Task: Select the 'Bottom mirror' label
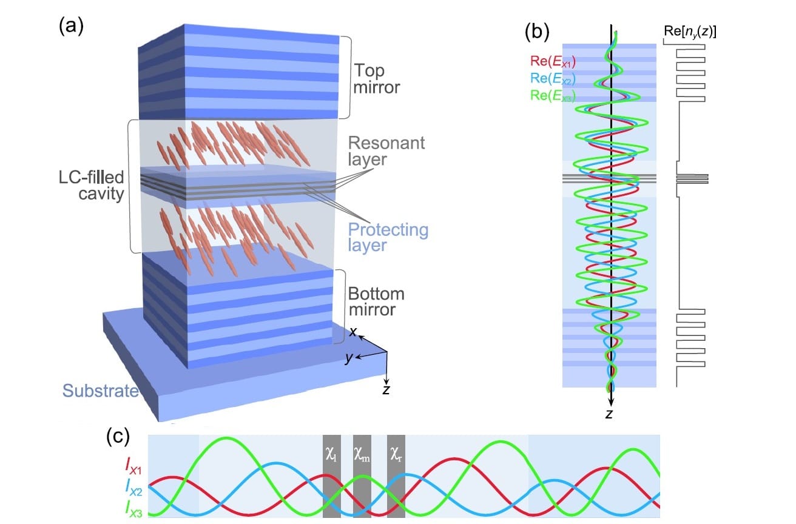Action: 376,302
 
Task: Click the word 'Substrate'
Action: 101,391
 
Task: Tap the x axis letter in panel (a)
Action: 351,331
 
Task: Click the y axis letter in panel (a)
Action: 349,358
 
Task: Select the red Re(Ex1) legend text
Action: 551,60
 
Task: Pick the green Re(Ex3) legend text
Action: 551,95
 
